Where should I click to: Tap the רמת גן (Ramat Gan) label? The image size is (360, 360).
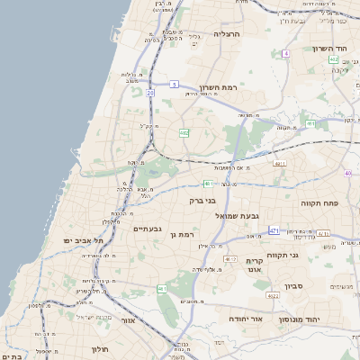point(182,235)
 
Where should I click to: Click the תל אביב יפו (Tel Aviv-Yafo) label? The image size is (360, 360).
point(84,241)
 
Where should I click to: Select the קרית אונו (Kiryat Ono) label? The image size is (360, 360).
point(254,265)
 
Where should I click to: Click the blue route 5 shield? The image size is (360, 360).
point(175,84)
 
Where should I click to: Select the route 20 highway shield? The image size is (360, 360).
point(150,93)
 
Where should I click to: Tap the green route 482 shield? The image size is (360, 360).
point(184,132)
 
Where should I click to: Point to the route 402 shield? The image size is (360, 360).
point(333,59)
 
